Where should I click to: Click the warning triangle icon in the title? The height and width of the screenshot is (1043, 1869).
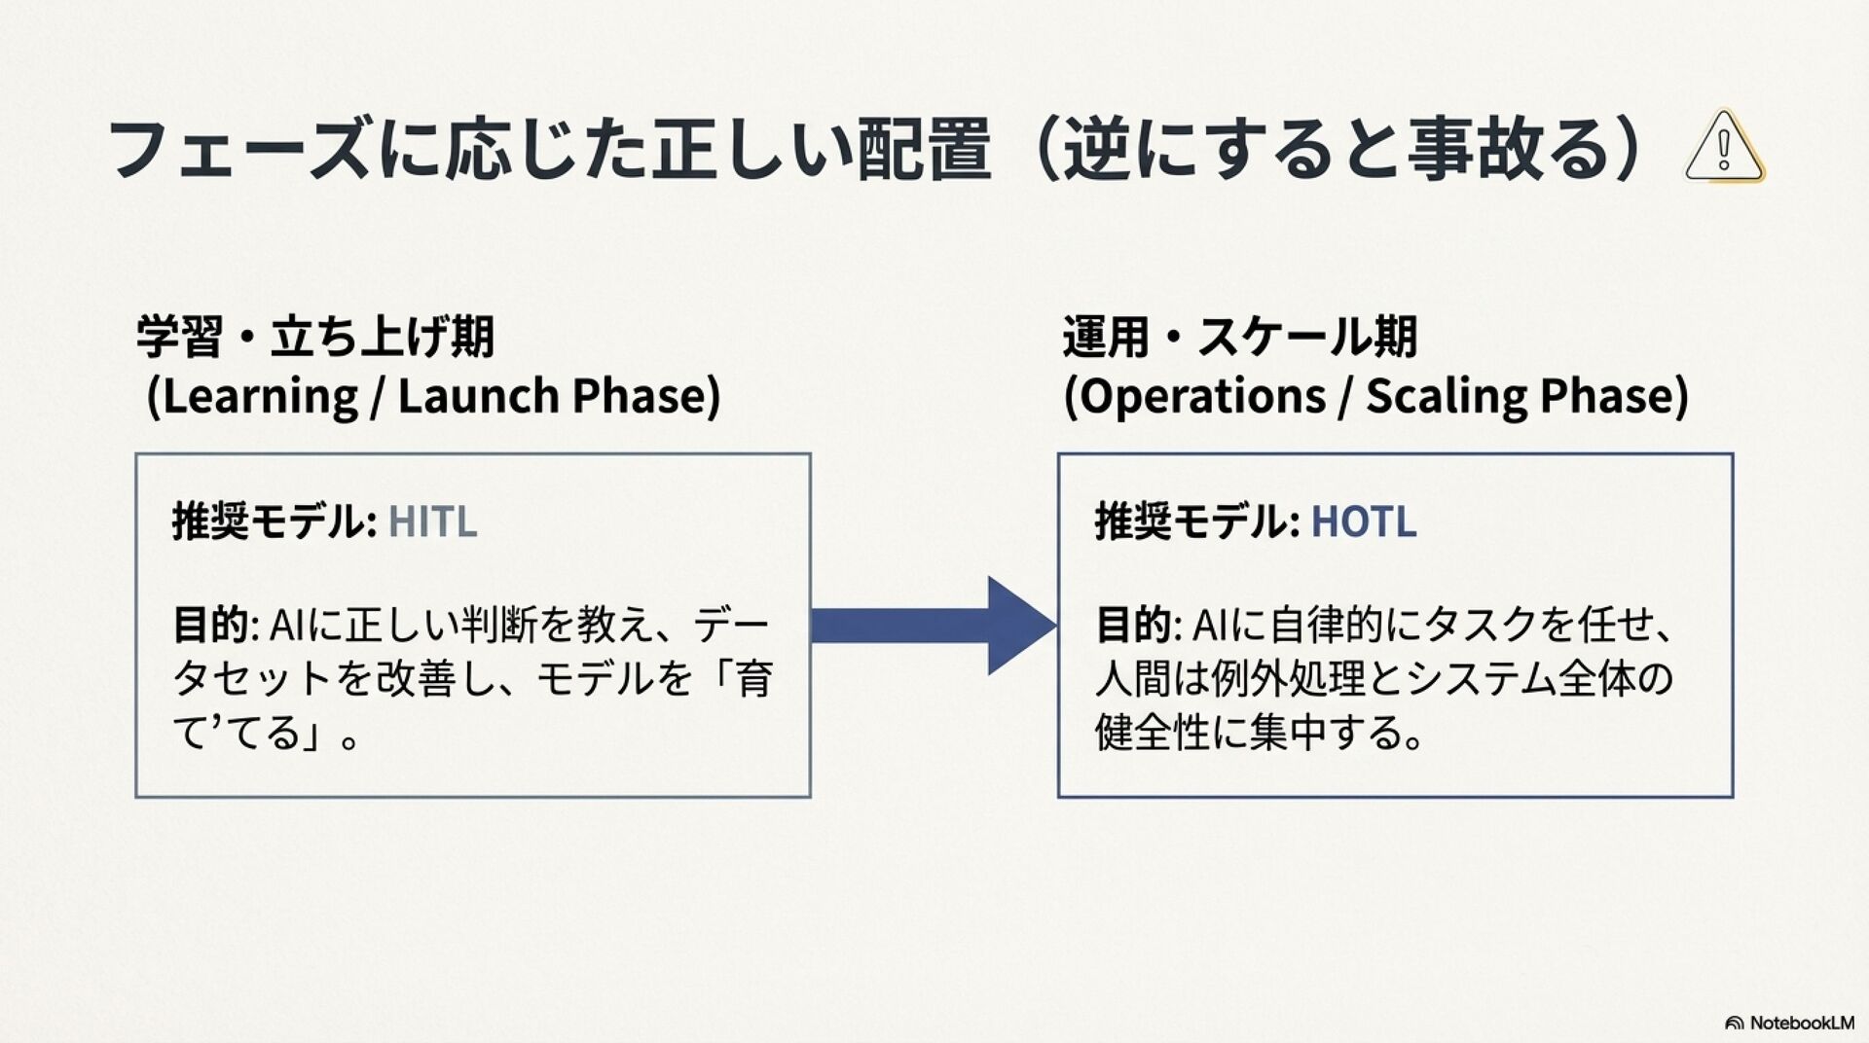[x=1724, y=147]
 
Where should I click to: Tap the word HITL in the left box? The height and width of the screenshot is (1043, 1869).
[x=432, y=521]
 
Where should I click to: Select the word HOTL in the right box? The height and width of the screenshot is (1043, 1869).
[x=1363, y=521]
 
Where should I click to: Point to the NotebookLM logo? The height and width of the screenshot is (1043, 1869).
[x=1789, y=1023]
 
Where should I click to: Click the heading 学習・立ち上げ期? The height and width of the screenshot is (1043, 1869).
[x=314, y=337]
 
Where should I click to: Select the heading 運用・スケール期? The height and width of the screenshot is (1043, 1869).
[x=1239, y=337]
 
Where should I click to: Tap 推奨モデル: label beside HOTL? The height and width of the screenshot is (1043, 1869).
[x=1196, y=521]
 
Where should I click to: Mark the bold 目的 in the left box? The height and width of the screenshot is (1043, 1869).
[x=210, y=625]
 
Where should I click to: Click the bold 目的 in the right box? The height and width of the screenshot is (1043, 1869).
[x=1133, y=625]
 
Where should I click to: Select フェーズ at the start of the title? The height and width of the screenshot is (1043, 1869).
[x=239, y=149]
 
